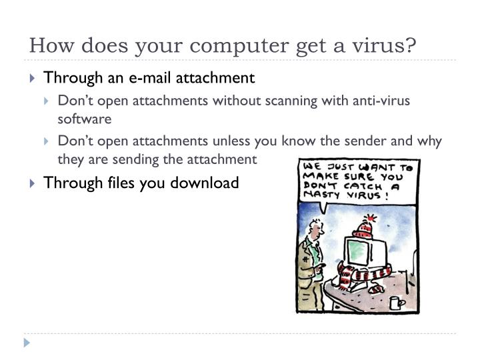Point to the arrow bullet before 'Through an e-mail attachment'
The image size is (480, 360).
(34, 79)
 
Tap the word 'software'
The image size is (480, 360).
(85, 119)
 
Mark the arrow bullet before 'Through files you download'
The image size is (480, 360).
(34, 183)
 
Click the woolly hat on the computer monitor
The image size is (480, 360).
(362, 227)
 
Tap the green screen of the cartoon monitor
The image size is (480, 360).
(357, 251)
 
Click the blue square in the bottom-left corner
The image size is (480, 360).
(27, 343)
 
